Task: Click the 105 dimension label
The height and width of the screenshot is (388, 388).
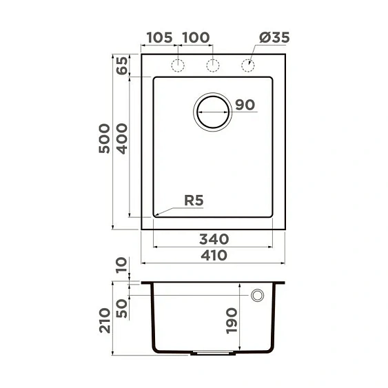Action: pyautogui.click(x=159, y=37)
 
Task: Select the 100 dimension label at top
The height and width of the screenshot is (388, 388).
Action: pyautogui.click(x=196, y=37)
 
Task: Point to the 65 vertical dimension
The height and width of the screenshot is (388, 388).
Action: pyautogui.click(x=122, y=66)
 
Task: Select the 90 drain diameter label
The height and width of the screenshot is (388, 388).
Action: pyautogui.click(x=245, y=105)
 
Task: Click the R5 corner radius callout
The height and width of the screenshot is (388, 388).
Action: pyautogui.click(x=194, y=201)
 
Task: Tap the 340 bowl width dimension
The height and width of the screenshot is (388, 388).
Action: pyautogui.click(x=214, y=239)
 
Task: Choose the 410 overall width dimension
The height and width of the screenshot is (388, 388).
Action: pyautogui.click(x=214, y=256)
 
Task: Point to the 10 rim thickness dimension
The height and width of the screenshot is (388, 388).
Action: pyautogui.click(x=122, y=265)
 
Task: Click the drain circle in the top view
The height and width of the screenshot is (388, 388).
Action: pyautogui.click(x=212, y=112)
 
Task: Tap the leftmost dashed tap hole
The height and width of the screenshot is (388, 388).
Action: pyautogui.click(x=178, y=65)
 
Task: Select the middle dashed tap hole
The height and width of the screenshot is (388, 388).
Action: pyautogui.click(x=213, y=65)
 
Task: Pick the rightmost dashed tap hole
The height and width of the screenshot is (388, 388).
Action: pyautogui.click(x=248, y=65)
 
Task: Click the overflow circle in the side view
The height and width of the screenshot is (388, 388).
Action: pyautogui.click(x=258, y=295)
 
